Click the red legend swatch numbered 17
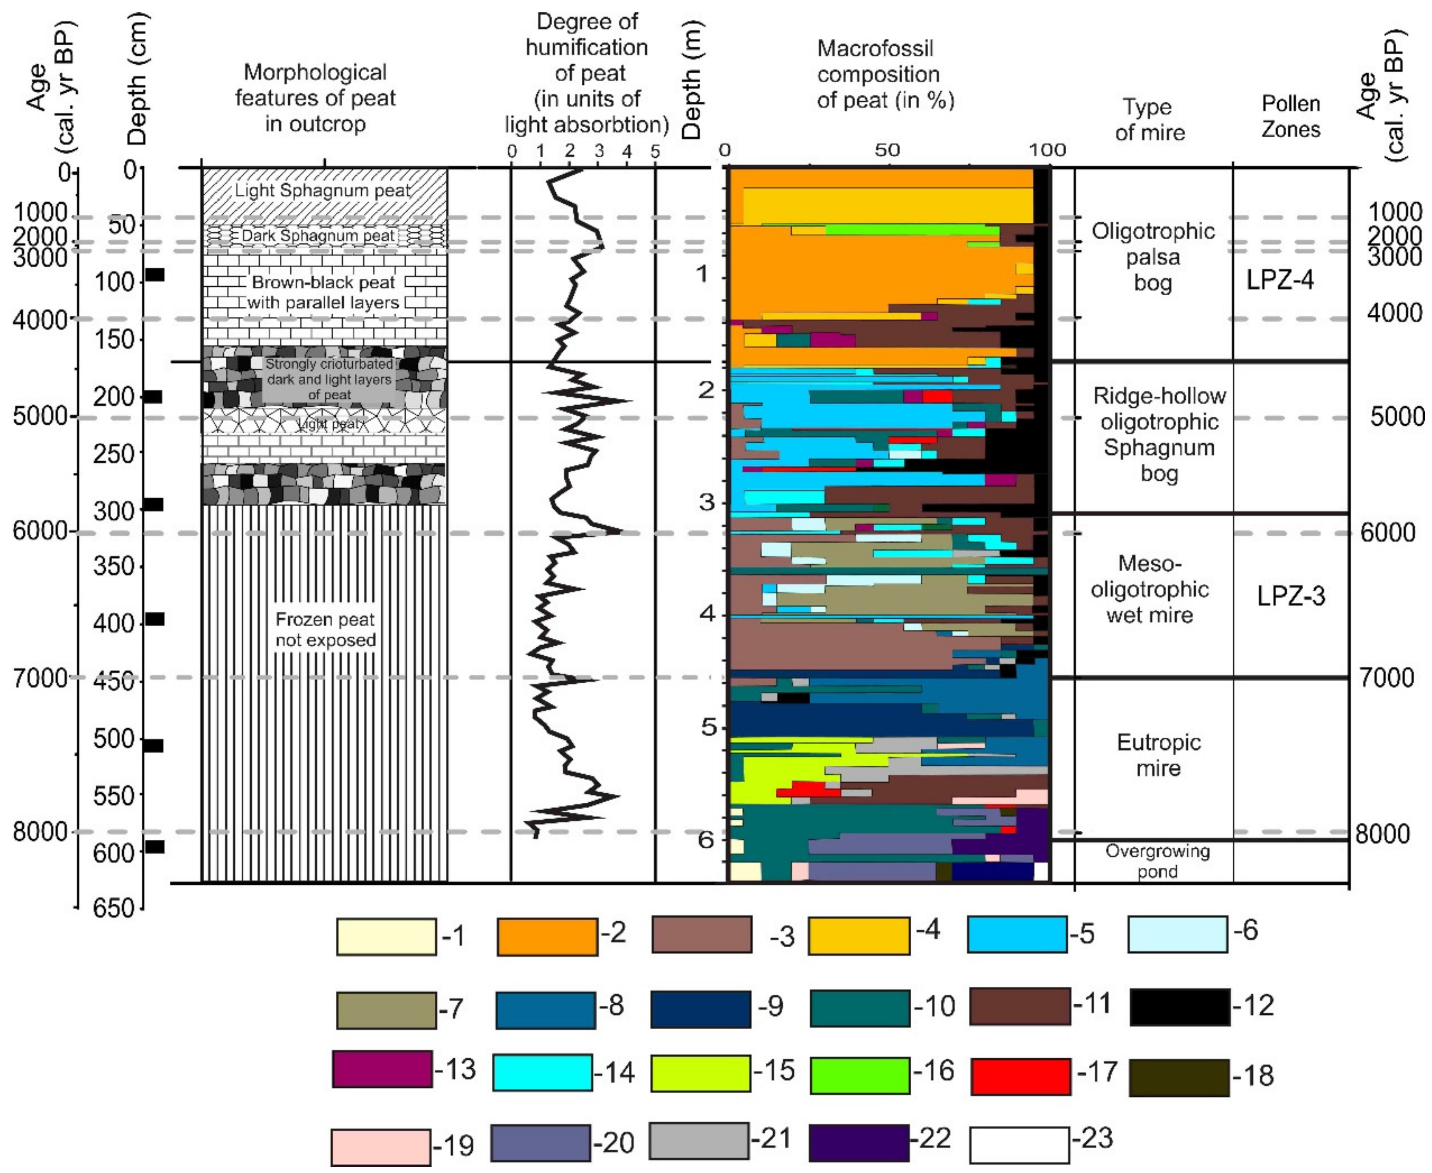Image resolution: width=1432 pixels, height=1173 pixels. [x=1020, y=1076]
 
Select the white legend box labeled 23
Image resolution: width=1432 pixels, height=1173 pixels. [x=1019, y=1145]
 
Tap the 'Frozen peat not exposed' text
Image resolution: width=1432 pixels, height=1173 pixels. [x=325, y=629]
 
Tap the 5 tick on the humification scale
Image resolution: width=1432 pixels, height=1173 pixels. [x=655, y=151]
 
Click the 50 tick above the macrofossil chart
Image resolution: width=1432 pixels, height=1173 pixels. [x=887, y=150]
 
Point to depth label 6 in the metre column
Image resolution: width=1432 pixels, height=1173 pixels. [x=706, y=839]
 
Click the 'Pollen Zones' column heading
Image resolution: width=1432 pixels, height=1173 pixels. [x=1290, y=116]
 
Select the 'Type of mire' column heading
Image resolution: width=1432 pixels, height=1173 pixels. [x=1149, y=119]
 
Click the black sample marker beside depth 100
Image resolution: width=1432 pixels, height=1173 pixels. [x=155, y=275]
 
